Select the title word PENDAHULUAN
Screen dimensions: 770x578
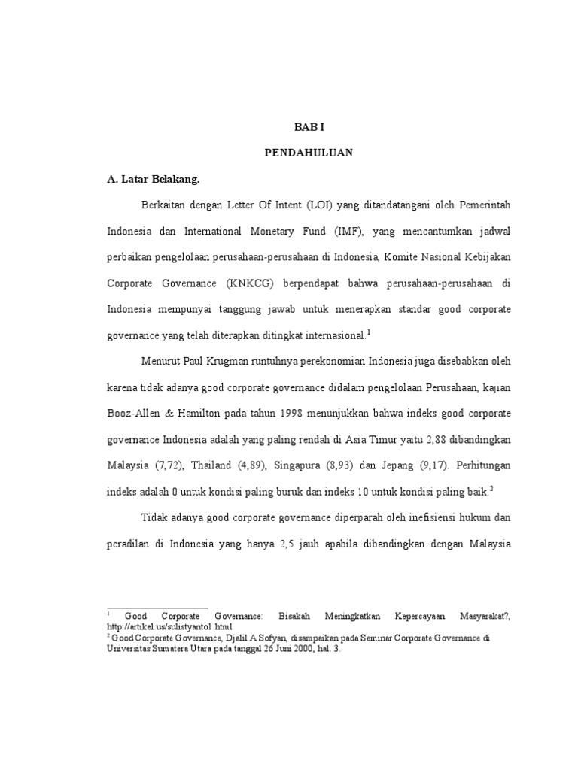309,153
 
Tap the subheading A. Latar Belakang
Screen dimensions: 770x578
154,179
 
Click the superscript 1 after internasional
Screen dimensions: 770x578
369,332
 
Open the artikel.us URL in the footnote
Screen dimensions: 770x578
170,626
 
